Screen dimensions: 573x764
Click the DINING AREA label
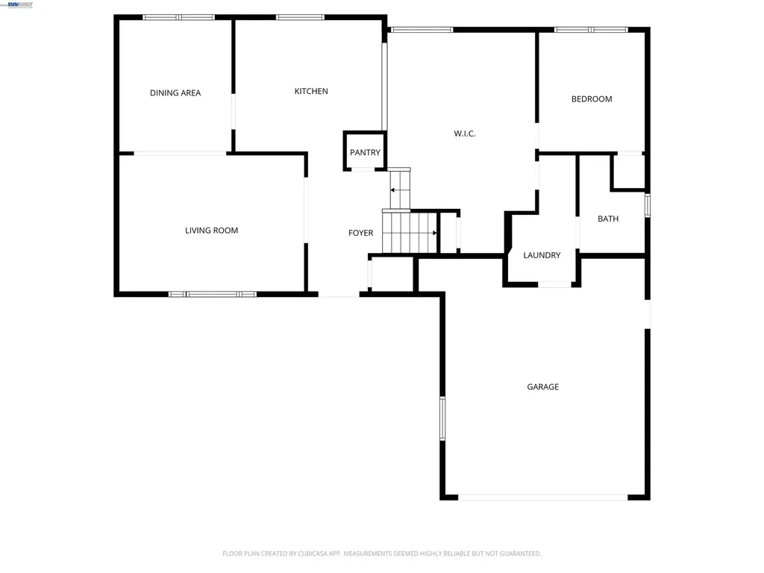[x=175, y=93]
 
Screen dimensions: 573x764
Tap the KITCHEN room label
[x=311, y=91]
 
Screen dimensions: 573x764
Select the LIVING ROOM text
[x=212, y=231]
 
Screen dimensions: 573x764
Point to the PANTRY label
[x=365, y=152]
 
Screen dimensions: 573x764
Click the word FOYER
[x=360, y=234]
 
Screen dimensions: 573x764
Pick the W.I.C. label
[x=465, y=134]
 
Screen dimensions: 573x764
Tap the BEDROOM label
[x=592, y=98]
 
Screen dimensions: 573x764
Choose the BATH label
[x=608, y=219]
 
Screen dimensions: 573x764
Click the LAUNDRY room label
[x=542, y=255]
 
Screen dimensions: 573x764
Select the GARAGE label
[x=543, y=386]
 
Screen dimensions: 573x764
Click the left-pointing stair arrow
[x=393, y=191]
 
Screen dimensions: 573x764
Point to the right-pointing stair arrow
[x=433, y=233]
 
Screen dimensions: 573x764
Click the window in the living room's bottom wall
[x=213, y=294]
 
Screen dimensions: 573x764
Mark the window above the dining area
[x=178, y=17]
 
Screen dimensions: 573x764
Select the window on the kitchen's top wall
[x=300, y=17]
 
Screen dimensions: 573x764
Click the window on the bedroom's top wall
[x=591, y=30]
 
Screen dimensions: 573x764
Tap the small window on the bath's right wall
[x=648, y=205]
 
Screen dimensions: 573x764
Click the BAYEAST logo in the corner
[x=19, y=4]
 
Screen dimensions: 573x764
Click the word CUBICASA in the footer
[x=309, y=554]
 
